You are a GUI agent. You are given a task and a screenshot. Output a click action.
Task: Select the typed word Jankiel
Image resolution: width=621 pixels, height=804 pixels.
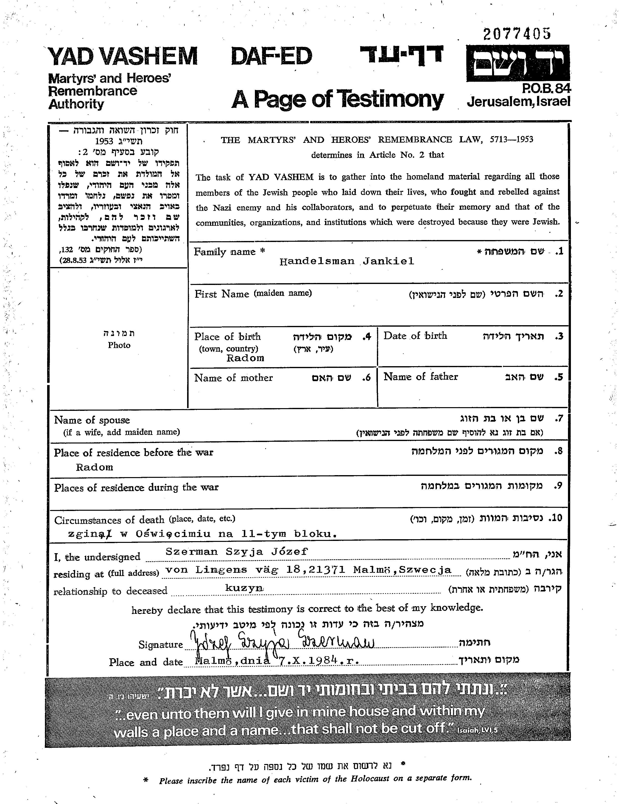[388, 261]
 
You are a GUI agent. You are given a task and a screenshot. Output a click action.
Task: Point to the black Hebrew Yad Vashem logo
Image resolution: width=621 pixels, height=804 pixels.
[518, 63]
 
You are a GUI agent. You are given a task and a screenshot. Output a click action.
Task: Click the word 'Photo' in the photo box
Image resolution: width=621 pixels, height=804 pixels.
[119, 345]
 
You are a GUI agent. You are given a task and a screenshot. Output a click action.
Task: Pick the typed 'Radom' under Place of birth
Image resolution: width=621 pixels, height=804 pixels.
[245, 358]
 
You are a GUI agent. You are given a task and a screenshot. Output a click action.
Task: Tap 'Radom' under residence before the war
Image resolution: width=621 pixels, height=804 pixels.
[94, 467]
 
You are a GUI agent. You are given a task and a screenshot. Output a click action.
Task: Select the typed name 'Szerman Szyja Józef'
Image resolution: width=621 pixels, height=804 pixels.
[236, 551]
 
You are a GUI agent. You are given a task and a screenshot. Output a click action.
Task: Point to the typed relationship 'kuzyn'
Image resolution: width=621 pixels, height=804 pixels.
[244, 588]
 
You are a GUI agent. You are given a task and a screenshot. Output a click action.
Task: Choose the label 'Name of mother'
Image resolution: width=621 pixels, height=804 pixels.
[234, 378]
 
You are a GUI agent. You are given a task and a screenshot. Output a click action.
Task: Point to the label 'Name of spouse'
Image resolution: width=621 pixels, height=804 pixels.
[92, 420]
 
